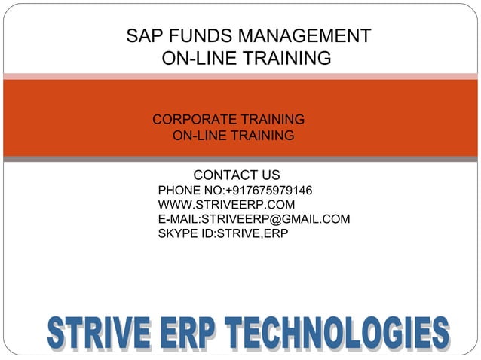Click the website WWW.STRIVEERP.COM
pos(226,205)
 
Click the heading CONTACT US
pos(236,175)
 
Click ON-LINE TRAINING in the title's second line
pos(247,58)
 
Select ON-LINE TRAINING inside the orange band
pos(233,136)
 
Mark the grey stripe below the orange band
pos(240,159)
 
